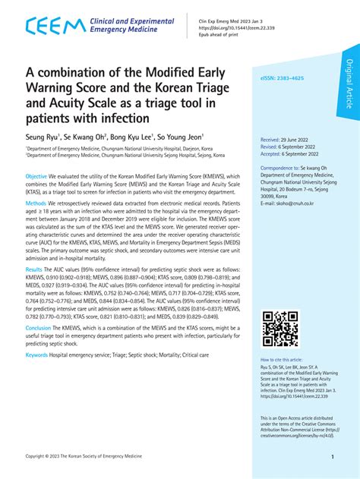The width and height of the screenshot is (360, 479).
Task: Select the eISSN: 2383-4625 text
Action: tap(286, 78)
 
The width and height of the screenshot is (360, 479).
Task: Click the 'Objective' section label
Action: tap(37, 175)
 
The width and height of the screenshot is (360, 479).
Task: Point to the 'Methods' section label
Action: tap(36, 204)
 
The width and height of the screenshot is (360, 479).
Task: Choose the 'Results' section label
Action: tap(34, 269)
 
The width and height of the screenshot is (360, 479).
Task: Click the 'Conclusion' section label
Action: tap(39, 328)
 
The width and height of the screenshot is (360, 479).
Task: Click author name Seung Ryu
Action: tap(44, 140)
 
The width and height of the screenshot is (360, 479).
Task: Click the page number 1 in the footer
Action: tap(333, 458)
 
